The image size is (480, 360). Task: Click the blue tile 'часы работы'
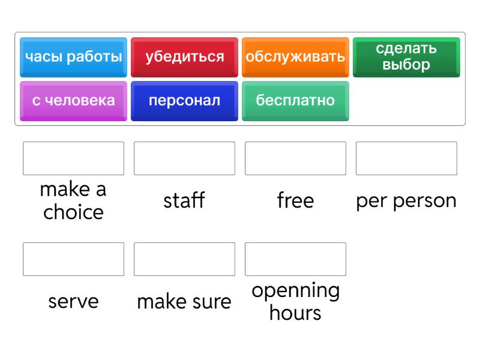(73, 57)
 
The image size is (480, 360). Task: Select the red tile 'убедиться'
(184, 57)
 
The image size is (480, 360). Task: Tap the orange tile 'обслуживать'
(295, 57)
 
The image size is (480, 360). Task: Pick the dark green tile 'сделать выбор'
(406, 57)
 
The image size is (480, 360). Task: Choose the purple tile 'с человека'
(73, 101)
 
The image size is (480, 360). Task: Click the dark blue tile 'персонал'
(184, 101)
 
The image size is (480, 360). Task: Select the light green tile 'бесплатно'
(295, 101)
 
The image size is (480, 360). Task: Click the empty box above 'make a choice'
(73, 158)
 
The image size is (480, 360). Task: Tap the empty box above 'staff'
(184, 158)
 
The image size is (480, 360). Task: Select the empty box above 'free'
(295, 158)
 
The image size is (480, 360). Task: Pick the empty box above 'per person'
(406, 158)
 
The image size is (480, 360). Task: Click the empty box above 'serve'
(73, 259)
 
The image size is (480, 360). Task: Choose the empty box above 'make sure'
(184, 259)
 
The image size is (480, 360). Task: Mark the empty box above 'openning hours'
(295, 259)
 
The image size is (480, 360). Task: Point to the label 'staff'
(184, 200)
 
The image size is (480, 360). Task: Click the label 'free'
(295, 200)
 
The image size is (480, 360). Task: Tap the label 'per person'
(406, 202)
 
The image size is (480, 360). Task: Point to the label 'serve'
(73, 302)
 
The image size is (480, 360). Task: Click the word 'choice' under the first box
(73, 212)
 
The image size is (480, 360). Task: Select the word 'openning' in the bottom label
(296, 291)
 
